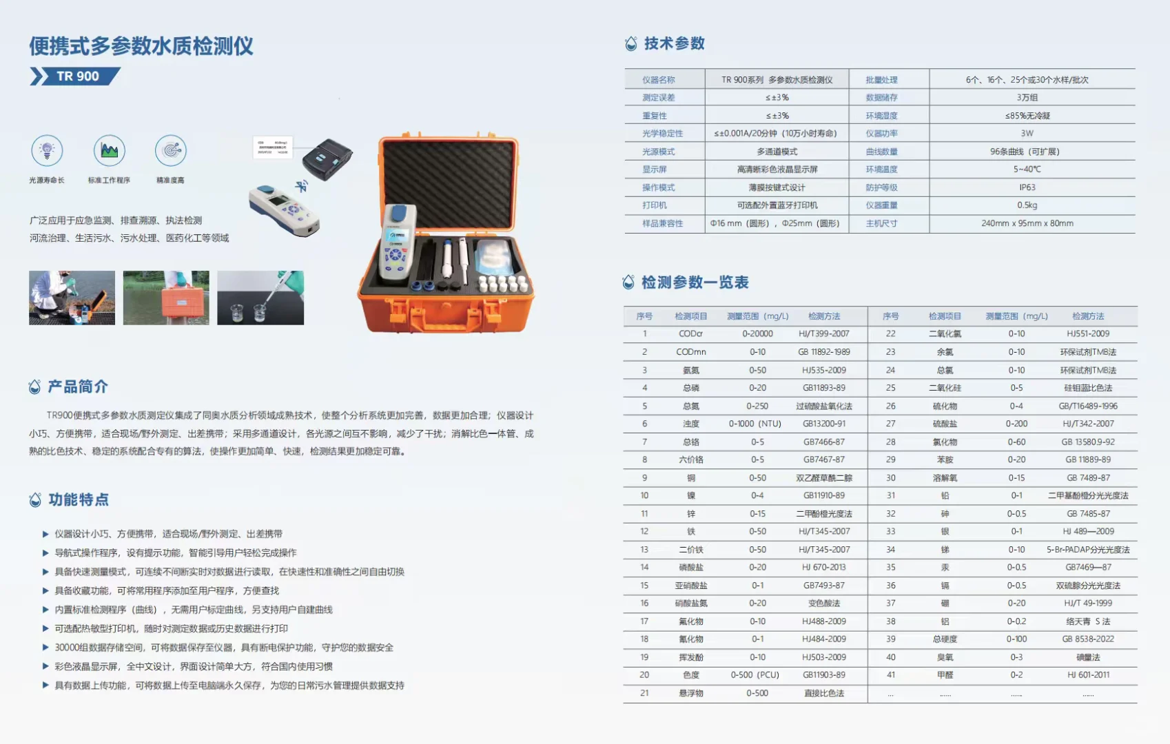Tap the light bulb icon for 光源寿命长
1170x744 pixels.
pos(47,150)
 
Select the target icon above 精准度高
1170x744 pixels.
pos(170,150)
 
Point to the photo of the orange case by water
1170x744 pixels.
pos(166,298)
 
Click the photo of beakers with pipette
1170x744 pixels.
pos(260,298)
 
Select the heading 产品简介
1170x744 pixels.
pos(77,387)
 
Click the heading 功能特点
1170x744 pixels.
pos(78,500)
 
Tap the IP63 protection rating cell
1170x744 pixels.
pos(1027,187)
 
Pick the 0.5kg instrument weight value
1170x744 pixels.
pos(1027,205)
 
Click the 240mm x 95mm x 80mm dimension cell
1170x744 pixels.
pos(1027,223)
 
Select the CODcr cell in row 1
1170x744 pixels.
pos(690,334)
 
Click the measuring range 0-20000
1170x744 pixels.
pos(757,334)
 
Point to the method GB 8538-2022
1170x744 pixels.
pos(1088,639)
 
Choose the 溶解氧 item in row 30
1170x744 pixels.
pos(945,478)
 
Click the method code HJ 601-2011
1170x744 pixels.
pos(1088,675)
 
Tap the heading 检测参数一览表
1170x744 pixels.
pos(695,282)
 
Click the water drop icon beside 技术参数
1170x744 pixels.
pos(630,44)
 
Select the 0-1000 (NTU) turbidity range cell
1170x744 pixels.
pos(757,424)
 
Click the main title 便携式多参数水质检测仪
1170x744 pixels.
pos(141,46)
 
